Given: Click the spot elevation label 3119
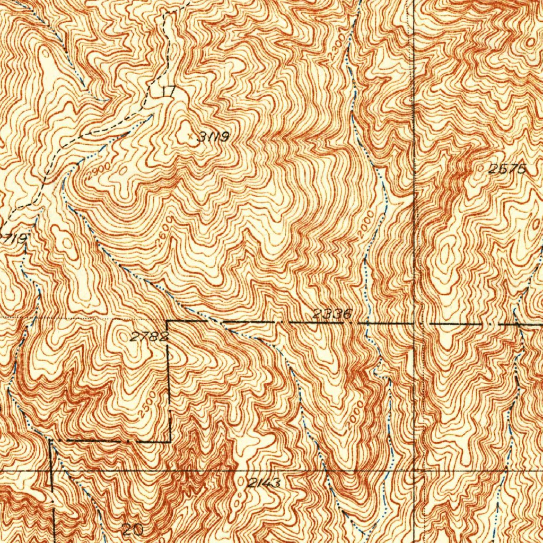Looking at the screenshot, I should (214, 137).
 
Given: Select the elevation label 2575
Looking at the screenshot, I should (507, 169).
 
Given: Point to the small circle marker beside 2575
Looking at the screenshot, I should (481, 169).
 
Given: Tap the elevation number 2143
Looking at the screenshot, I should (264, 483).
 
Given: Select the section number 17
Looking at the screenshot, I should (168, 92).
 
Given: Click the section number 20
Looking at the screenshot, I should (132, 529).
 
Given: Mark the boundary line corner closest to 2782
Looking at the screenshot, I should (168, 321).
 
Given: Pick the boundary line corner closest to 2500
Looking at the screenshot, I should (170, 441).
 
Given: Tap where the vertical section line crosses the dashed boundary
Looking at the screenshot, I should (414, 322).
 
